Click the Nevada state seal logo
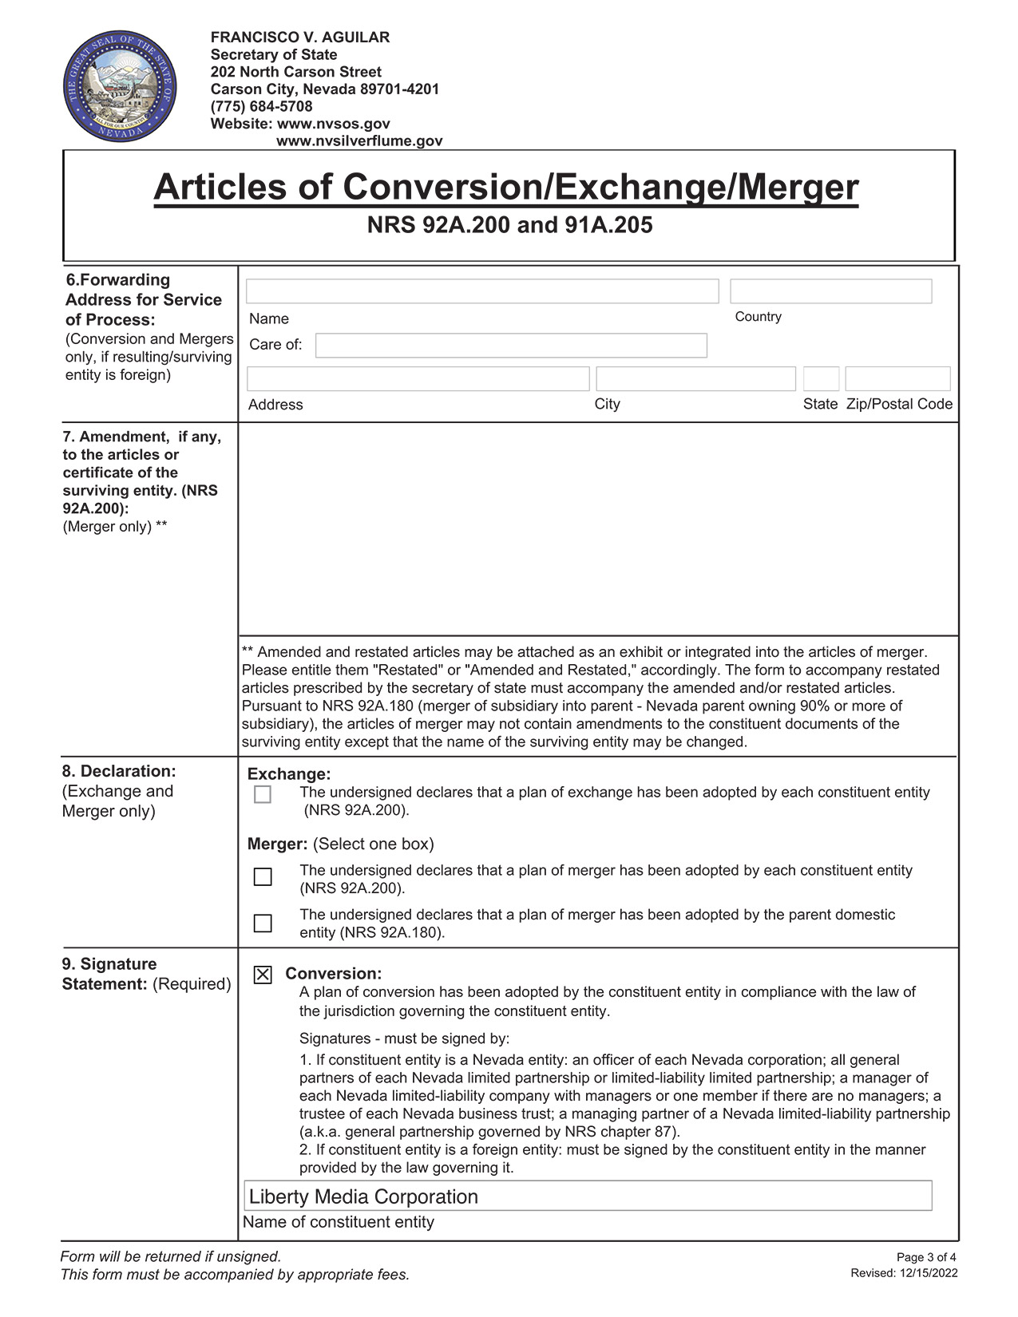point(121,89)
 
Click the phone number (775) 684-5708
point(261,106)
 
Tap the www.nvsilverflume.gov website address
point(358,141)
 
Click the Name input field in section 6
point(481,291)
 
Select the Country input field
point(830,291)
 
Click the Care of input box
point(511,346)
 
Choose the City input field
point(695,378)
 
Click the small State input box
point(821,378)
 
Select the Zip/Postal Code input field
point(897,378)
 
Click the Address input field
point(418,378)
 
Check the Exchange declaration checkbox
point(263,794)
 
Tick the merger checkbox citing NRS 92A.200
point(263,876)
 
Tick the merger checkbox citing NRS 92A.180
point(263,923)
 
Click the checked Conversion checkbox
point(263,975)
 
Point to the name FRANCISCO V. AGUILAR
point(300,38)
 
